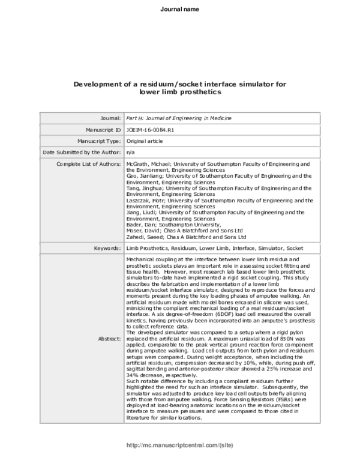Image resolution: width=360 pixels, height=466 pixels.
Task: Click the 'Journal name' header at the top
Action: coord(180,9)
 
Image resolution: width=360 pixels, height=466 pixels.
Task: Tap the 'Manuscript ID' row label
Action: coord(103,129)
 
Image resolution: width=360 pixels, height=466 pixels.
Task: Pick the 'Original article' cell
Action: coord(145,141)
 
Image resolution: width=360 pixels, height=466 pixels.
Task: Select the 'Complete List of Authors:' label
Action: coord(89,163)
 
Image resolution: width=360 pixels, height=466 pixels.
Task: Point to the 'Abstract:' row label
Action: coord(109,338)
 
